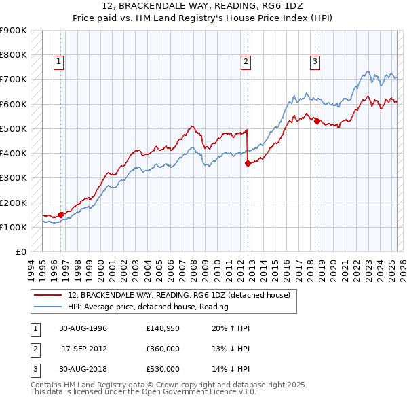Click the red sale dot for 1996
tap(61, 215)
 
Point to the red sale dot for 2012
tap(248, 163)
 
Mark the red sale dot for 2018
tap(317, 121)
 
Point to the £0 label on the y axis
tap(20, 252)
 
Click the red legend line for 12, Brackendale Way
tap(47, 295)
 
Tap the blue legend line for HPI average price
tap(47, 307)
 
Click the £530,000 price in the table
tap(162, 369)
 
